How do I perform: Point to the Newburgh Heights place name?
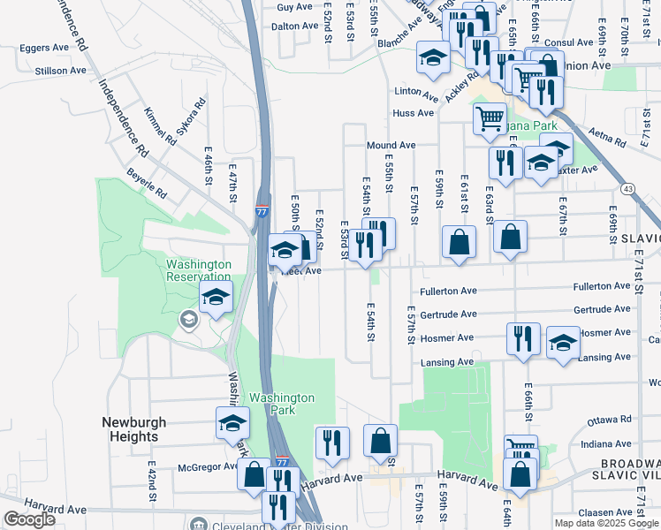129,429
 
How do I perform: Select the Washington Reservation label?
199,270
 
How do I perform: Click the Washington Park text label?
281,404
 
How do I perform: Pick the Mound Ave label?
391,146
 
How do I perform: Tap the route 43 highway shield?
627,189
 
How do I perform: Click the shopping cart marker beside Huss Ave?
490,117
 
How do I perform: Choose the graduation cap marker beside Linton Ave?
433,58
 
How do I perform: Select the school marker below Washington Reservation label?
216,299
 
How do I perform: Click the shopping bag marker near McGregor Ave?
254,475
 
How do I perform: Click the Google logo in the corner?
29,519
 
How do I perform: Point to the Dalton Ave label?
294,26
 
